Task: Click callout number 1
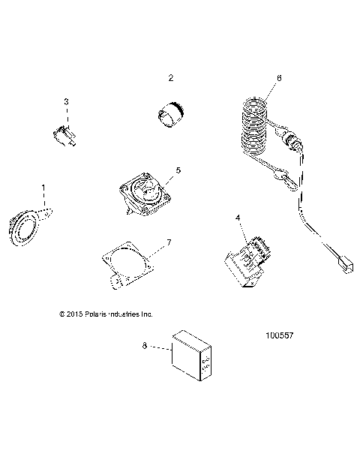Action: [43, 186]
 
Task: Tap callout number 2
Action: [171, 78]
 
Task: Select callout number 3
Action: [66, 101]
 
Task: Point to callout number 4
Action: [238, 218]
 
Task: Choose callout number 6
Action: [279, 78]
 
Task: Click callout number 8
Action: [145, 346]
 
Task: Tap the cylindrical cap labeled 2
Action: [170, 115]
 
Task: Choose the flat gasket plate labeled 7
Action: [127, 266]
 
